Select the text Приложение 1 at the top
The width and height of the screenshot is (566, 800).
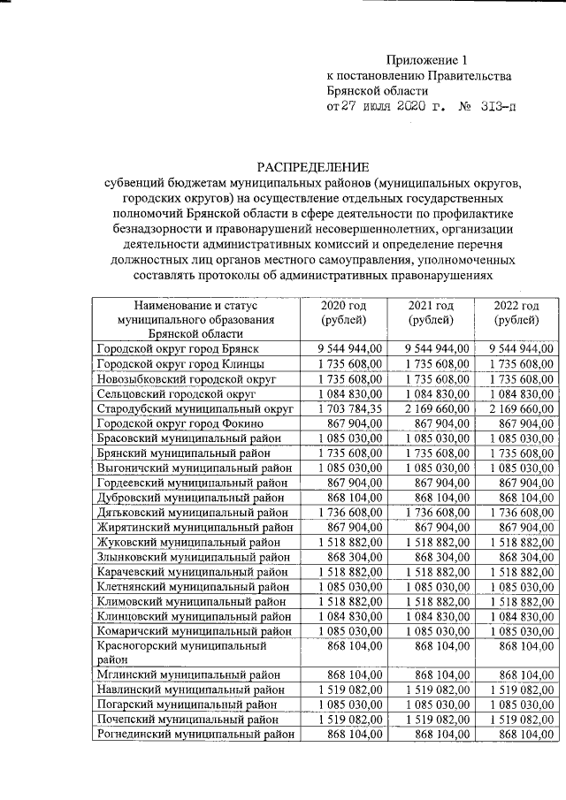[x=425, y=60]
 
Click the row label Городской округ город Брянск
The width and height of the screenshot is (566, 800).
[x=176, y=349]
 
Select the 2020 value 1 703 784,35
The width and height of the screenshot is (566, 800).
[x=349, y=408]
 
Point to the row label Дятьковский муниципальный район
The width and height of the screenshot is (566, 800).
[x=192, y=511]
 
